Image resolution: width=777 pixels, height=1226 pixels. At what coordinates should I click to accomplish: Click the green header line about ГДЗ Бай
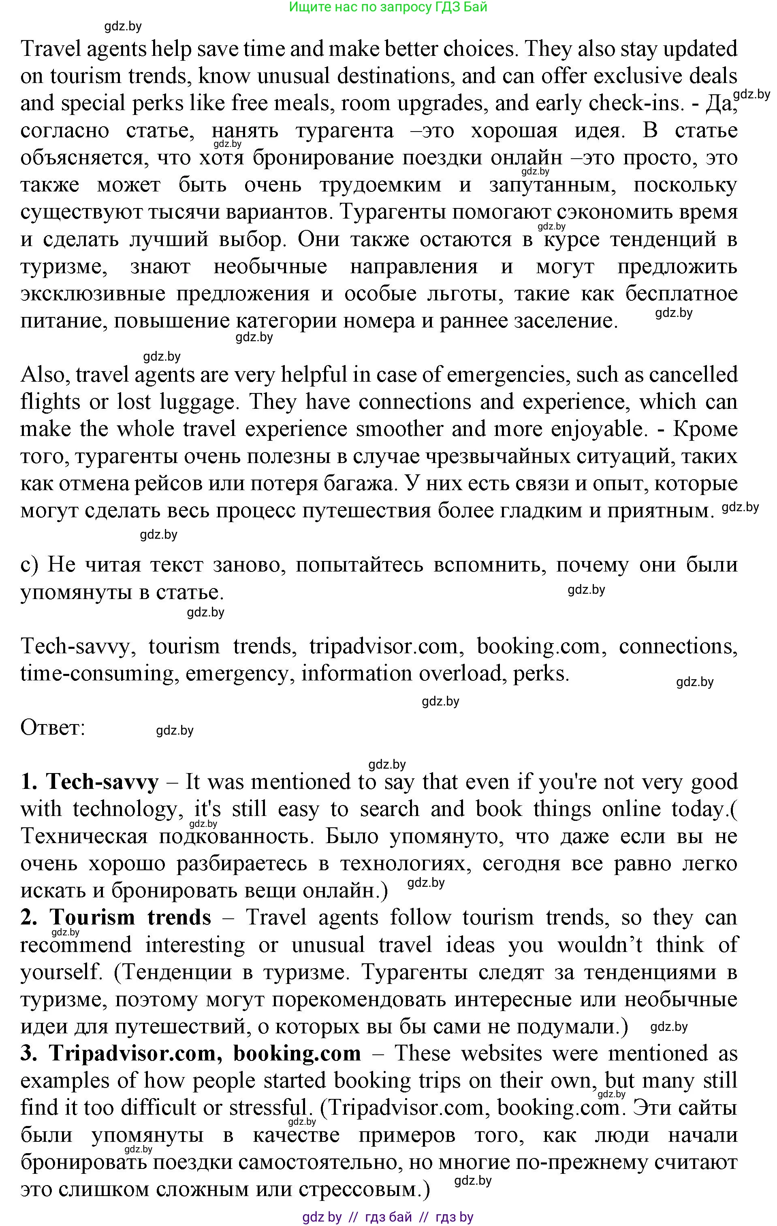point(388,7)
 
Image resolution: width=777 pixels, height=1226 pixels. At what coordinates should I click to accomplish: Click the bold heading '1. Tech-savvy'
point(90,782)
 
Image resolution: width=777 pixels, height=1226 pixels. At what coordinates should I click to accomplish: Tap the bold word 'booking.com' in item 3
point(297,1053)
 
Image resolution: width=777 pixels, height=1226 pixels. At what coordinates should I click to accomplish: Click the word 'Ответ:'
point(53,728)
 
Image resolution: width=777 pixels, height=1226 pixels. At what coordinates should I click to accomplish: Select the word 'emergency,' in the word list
point(239,674)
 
